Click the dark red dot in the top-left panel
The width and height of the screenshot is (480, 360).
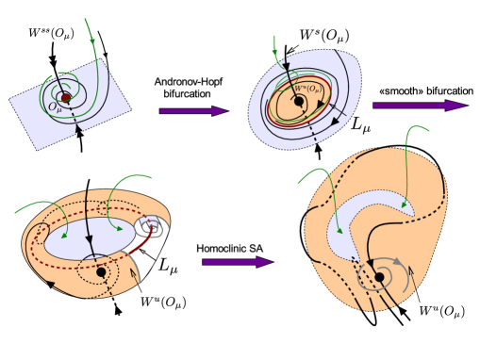pyautogui.click(x=65, y=97)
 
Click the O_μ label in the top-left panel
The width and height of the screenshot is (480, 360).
pyautogui.click(x=56, y=108)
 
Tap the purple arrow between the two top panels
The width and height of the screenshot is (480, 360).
pyautogui.click(x=193, y=111)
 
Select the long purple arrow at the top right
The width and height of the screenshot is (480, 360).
pyautogui.click(x=419, y=106)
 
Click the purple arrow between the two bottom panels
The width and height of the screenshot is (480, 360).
pyautogui.click(x=237, y=262)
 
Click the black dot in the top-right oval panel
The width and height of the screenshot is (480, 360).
pyautogui.click(x=299, y=101)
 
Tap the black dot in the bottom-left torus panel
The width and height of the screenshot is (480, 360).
pyautogui.click(x=101, y=272)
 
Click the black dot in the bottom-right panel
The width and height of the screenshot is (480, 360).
pyautogui.click(x=379, y=277)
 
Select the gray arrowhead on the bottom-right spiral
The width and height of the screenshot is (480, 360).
pyautogui.click(x=398, y=262)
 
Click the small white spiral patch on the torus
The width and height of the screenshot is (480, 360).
pyautogui.click(x=148, y=226)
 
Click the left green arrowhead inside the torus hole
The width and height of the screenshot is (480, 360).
pyautogui.click(x=64, y=235)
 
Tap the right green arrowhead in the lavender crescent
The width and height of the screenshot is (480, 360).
pyautogui.click(x=404, y=205)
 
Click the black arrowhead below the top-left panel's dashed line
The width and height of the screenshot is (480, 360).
pyautogui.click(x=77, y=130)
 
